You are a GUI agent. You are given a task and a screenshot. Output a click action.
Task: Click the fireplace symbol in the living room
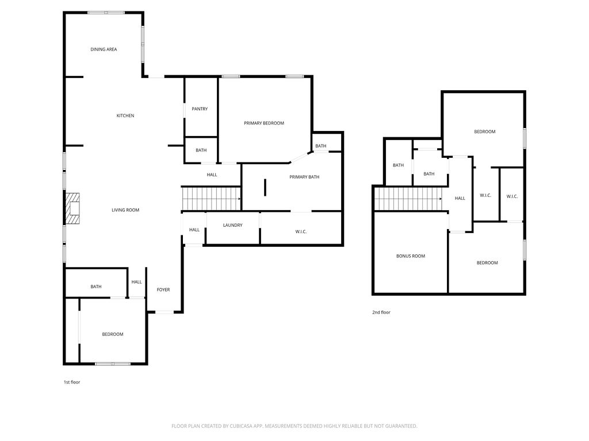pos(72,208)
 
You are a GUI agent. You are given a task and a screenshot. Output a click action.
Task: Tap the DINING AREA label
pos(104,49)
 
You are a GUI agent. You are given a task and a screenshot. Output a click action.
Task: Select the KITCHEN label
pos(125,116)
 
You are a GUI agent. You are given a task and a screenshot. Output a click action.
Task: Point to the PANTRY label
pos(200,109)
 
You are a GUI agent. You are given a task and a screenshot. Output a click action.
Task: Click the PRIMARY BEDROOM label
pos(264,123)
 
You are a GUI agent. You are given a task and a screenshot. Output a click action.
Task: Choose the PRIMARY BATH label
pos(304,177)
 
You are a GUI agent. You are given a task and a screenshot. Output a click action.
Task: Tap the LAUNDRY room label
pos(233,225)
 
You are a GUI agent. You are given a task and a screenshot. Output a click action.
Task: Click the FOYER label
pos(163,290)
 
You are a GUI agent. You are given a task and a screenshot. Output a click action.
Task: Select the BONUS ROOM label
pos(411,256)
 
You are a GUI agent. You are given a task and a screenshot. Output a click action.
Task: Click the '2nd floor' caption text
pos(381,312)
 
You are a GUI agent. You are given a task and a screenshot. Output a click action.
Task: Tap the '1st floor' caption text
pos(72,382)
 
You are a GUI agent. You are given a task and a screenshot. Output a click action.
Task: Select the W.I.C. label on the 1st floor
pos(301,231)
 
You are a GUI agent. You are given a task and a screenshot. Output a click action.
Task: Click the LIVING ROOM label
pos(125,210)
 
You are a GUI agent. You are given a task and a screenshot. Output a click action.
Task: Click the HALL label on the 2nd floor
pos(460,199)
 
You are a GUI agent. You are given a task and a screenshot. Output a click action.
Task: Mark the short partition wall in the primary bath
pos(265,188)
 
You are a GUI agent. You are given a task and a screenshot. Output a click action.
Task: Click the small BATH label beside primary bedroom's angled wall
pos(320,146)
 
